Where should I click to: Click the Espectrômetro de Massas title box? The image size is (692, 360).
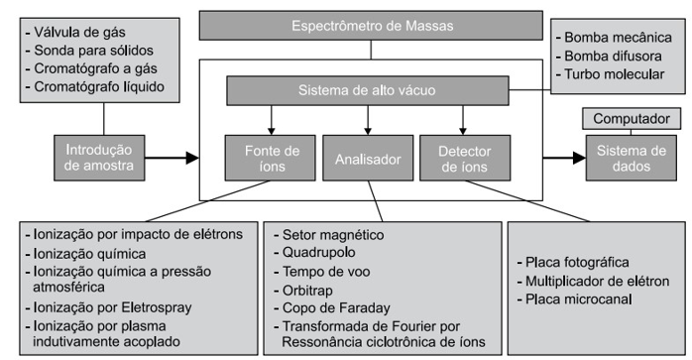click(370, 25)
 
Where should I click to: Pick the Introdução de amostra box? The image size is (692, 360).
click(98, 158)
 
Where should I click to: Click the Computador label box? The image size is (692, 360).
click(633, 120)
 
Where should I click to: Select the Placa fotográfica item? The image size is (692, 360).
click(579, 262)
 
